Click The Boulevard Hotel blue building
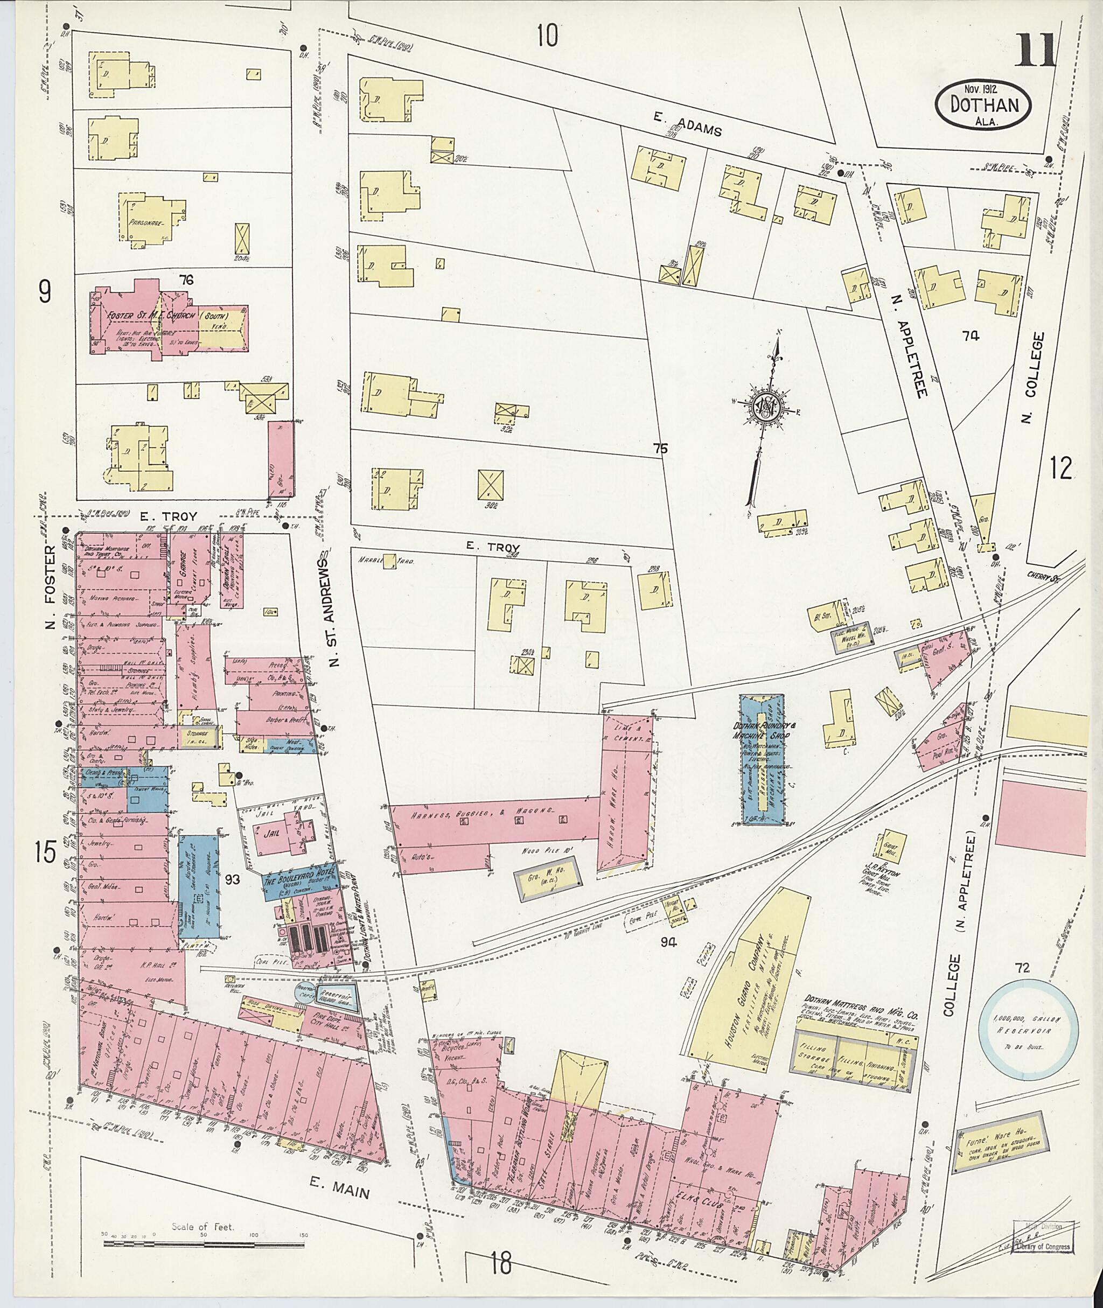point(299,884)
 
